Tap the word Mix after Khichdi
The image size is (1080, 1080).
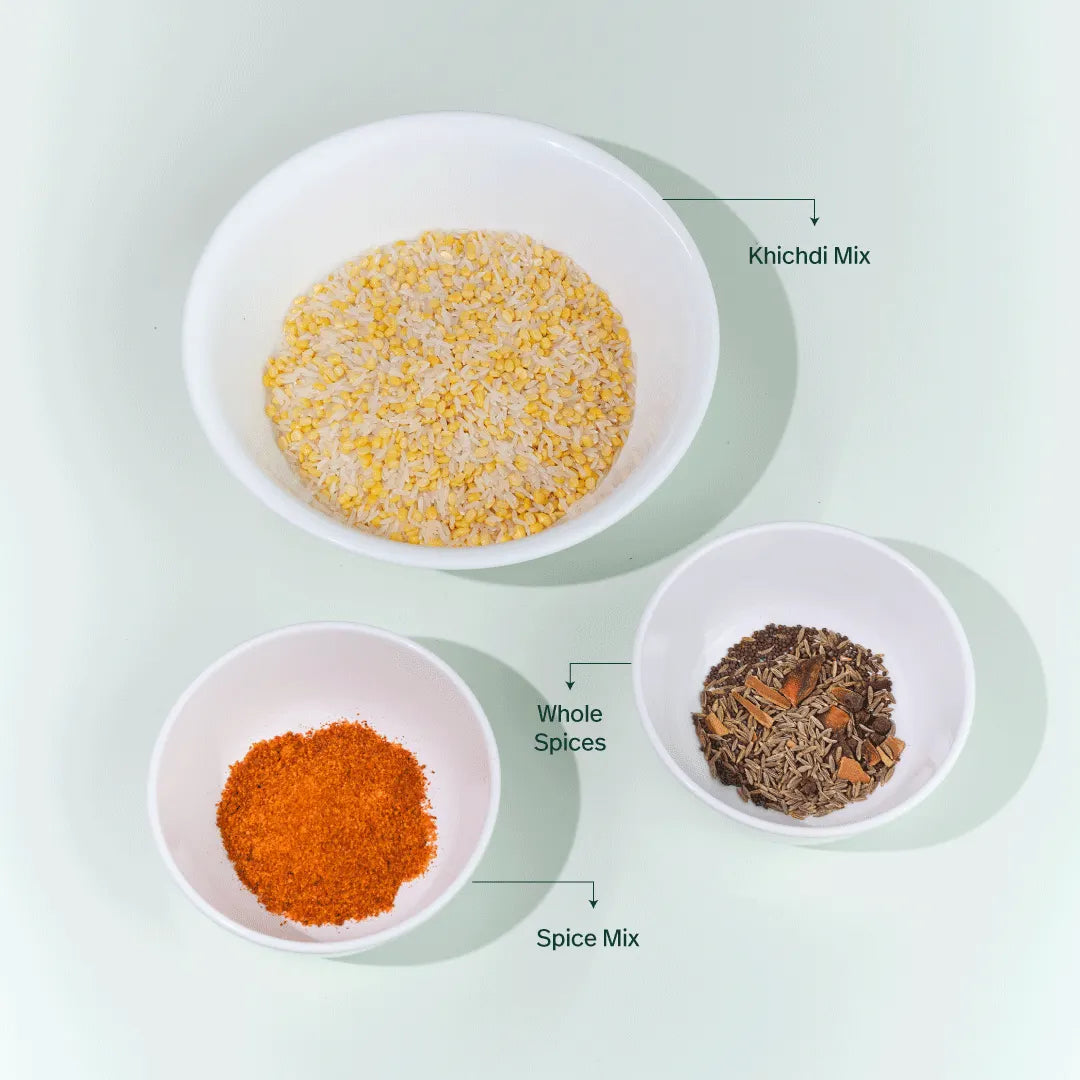(852, 256)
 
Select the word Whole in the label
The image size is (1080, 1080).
(570, 714)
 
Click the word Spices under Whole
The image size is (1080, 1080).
(570, 743)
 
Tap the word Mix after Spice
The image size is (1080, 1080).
(621, 938)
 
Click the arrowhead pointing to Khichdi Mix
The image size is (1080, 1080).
(815, 220)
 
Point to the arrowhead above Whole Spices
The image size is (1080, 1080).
(570, 684)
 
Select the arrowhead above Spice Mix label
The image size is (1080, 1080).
(593, 903)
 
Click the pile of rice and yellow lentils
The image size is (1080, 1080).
(449, 388)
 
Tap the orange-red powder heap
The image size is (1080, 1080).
(326, 822)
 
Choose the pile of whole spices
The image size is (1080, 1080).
(798, 721)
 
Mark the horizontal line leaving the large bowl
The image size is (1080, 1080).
(738, 200)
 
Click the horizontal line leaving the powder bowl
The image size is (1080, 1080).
(532, 882)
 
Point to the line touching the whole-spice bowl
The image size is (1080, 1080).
(600, 663)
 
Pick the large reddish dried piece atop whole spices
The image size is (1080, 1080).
(802, 677)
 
